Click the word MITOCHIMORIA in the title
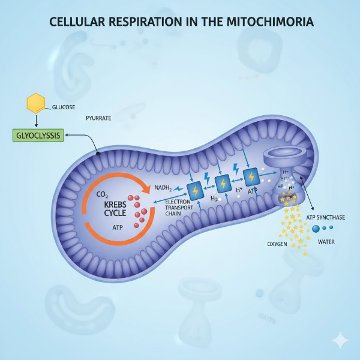pyautogui.click(x=270, y=22)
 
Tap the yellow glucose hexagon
pyautogui.click(x=36, y=103)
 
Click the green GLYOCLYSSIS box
pyautogui.click(x=37, y=135)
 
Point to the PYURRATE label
pyautogui.click(x=98, y=119)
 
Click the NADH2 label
pyautogui.click(x=163, y=188)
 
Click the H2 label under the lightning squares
pyautogui.click(x=213, y=199)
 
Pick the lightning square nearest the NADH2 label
pyautogui.click(x=196, y=190)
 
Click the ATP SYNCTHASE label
pyautogui.click(x=325, y=217)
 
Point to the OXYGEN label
pyautogui.click(x=277, y=244)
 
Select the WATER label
pyautogui.click(x=327, y=242)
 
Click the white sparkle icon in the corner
pyautogui.click(x=340, y=340)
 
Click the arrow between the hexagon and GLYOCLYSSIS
pyautogui.click(x=37, y=121)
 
